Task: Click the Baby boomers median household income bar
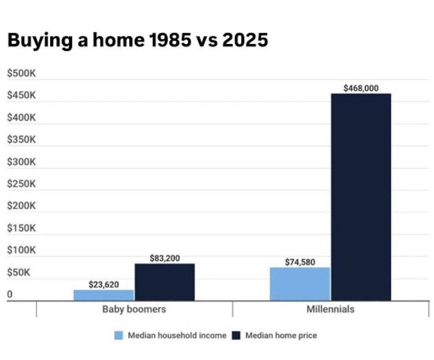103,295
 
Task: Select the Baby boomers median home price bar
165,282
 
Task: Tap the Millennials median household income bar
300,284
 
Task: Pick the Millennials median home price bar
361,197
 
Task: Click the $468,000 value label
361,88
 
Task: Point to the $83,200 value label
165,258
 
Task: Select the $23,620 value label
104,284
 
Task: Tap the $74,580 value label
300,262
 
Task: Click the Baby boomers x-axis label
134,309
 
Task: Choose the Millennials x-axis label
331,309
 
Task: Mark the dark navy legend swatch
236,335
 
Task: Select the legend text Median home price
281,335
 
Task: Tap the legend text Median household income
177,335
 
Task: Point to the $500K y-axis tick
21,74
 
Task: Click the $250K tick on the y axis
21,184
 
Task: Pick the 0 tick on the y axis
10,294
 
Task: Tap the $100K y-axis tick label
21,250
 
